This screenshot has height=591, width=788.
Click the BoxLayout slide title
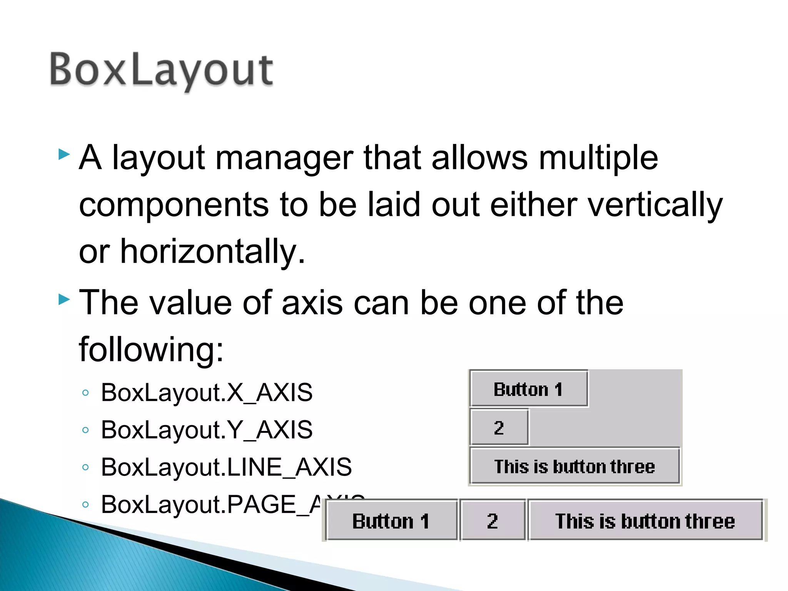[x=162, y=70]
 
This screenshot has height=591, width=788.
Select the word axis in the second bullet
[x=312, y=303]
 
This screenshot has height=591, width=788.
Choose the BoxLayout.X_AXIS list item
[x=207, y=393]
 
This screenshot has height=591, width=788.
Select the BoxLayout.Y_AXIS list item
[x=207, y=430]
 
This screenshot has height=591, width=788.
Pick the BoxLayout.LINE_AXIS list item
[x=226, y=467]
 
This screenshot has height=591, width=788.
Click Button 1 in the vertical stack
[x=528, y=389]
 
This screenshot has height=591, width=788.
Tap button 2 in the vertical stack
[x=499, y=427]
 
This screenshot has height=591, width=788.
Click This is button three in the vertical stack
[x=574, y=466]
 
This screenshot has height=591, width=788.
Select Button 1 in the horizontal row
[x=391, y=521]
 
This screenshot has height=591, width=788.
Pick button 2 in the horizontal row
[x=492, y=521]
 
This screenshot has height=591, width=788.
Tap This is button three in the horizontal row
[x=645, y=521]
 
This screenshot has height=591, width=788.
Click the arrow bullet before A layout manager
[x=64, y=155]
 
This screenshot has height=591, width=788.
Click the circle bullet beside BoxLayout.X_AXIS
[x=86, y=393]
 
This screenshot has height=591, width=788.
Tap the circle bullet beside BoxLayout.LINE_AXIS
[x=86, y=467]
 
